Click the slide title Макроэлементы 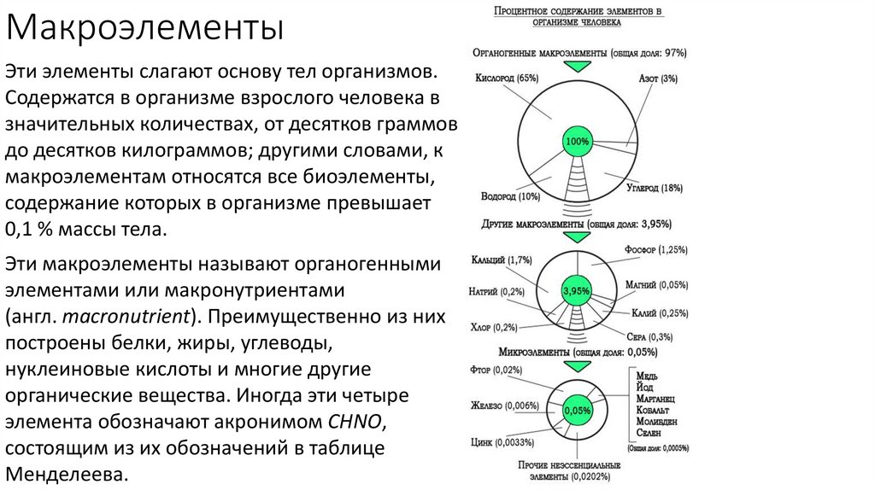pyautogui.click(x=145, y=32)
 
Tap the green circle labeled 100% pyautogui.click(x=578, y=140)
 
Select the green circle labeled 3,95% pyautogui.click(x=577, y=291)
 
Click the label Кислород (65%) pyautogui.click(x=507, y=79)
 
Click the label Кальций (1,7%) pyautogui.click(x=502, y=259)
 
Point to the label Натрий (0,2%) pyautogui.click(x=496, y=291)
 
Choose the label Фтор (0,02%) pyautogui.click(x=496, y=369)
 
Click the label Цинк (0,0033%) pyautogui.click(x=502, y=442)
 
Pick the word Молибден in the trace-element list pyautogui.click(x=656, y=422)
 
